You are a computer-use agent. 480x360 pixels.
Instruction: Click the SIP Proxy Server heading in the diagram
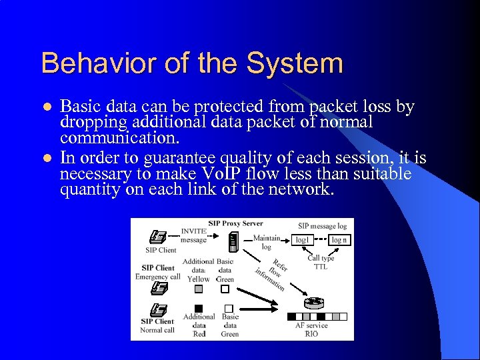tap(235, 223)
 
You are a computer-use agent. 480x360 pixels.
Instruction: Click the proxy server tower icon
tap(233, 241)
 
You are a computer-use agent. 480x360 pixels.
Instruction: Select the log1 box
tap(303, 239)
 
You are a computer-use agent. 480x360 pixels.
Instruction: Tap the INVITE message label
tap(193, 235)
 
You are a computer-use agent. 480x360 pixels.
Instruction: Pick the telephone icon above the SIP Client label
tap(158, 237)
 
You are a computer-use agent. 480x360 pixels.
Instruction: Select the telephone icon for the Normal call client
tap(158, 310)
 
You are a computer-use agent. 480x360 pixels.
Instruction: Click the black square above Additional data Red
tap(198, 308)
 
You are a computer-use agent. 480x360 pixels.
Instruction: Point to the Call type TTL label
tap(321, 262)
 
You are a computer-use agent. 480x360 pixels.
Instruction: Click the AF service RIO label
tap(311, 329)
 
